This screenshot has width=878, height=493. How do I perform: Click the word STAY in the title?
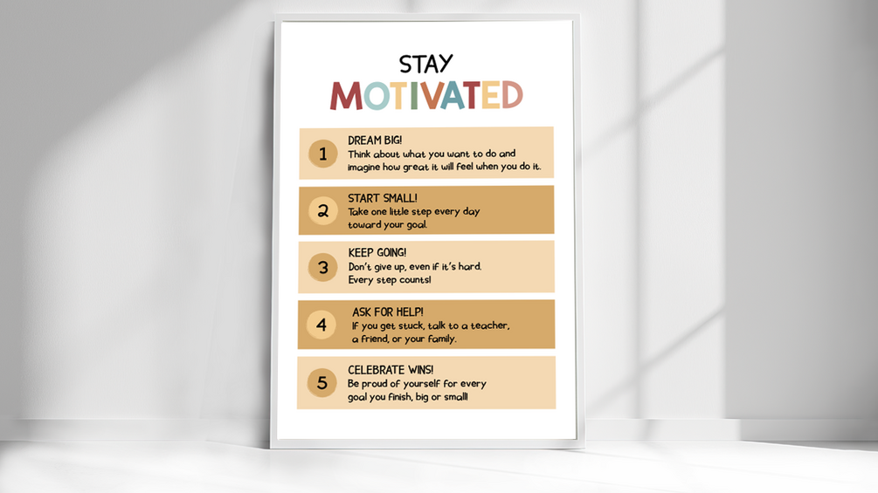pyautogui.click(x=426, y=64)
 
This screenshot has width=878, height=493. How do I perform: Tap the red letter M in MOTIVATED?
pyautogui.click(x=346, y=96)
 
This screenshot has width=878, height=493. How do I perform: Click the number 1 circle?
pyautogui.click(x=322, y=154)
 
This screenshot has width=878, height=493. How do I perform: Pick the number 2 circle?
pyautogui.click(x=322, y=210)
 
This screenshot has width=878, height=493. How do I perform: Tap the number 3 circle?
pyautogui.click(x=322, y=267)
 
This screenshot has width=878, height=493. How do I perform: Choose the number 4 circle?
pyautogui.click(x=321, y=325)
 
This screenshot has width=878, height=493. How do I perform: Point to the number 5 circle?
pyautogui.click(x=321, y=382)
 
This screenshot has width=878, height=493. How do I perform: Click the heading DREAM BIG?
pyautogui.click(x=375, y=140)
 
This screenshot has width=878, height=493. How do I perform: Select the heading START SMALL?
pyautogui.click(x=383, y=198)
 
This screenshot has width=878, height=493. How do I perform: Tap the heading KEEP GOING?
pyautogui.click(x=377, y=253)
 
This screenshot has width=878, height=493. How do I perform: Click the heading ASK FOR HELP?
pyautogui.click(x=388, y=312)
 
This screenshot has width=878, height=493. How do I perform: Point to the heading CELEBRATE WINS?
pyautogui.click(x=390, y=370)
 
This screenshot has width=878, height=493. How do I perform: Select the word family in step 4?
pyautogui.click(x=437, y=339)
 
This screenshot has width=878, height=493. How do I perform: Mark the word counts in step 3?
pyautogui.click(x=415, y=280)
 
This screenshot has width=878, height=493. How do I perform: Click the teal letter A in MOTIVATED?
pyautogui.click(x=452, y=96)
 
